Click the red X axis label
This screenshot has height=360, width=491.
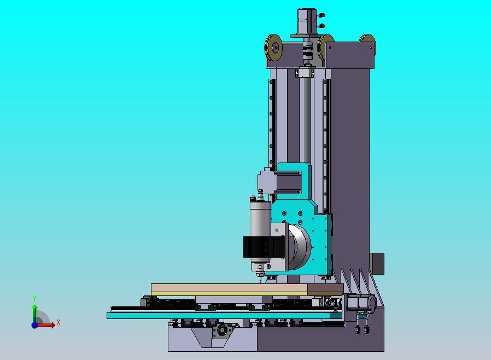coord(59,322)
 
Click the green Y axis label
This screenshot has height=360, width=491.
coord(34,298)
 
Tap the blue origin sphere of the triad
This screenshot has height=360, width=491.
coord(34,325)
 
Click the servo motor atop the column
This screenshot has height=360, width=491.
coord(307,21)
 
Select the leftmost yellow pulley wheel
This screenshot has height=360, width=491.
coord(273,48)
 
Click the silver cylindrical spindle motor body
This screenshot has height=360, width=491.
coord(260,219)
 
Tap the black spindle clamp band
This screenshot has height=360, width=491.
coord(265,247)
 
